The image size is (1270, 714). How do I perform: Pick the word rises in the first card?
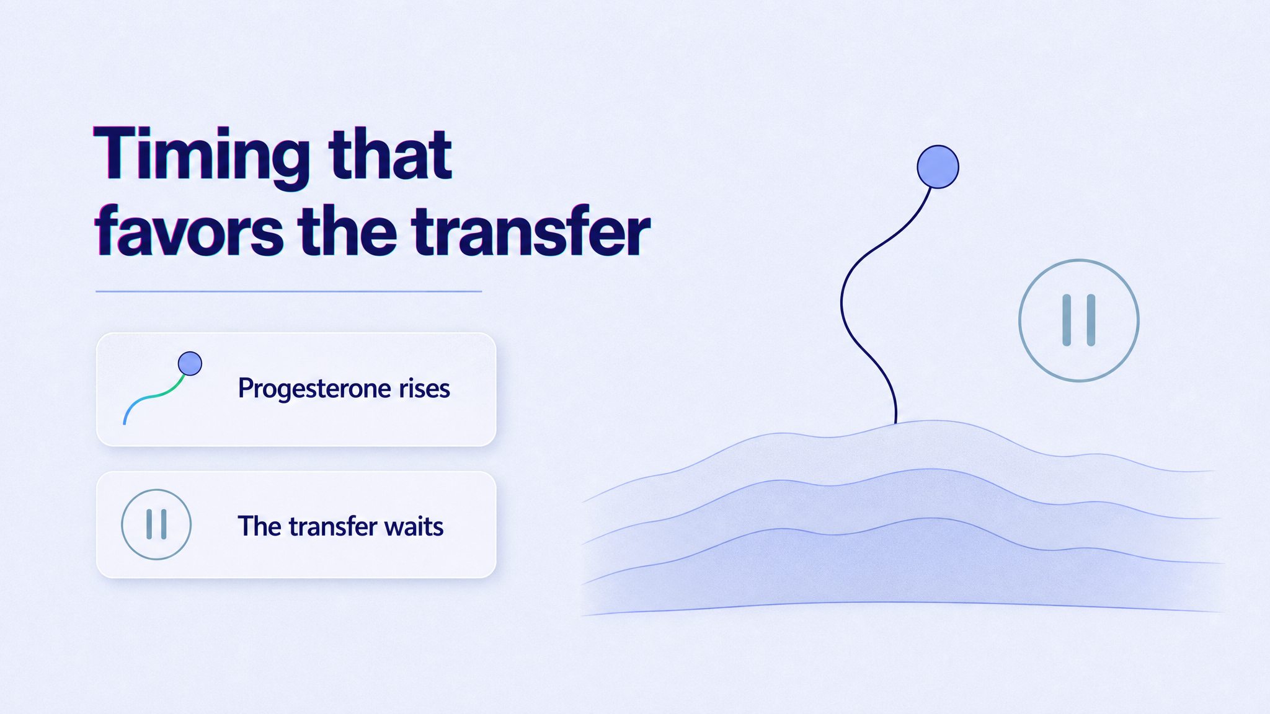(424, 389)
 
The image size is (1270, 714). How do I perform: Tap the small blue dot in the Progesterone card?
(190, 364)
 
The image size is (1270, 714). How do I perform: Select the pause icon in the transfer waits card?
(156, 524)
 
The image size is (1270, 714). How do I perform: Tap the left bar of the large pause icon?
(1067, 320)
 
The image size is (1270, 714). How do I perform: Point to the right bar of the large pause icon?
(1091, 320)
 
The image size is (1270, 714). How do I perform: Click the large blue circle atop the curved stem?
(938, 167)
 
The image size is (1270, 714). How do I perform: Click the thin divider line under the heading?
(289, 291)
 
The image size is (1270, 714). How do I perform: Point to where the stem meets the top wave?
(896, 423)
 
